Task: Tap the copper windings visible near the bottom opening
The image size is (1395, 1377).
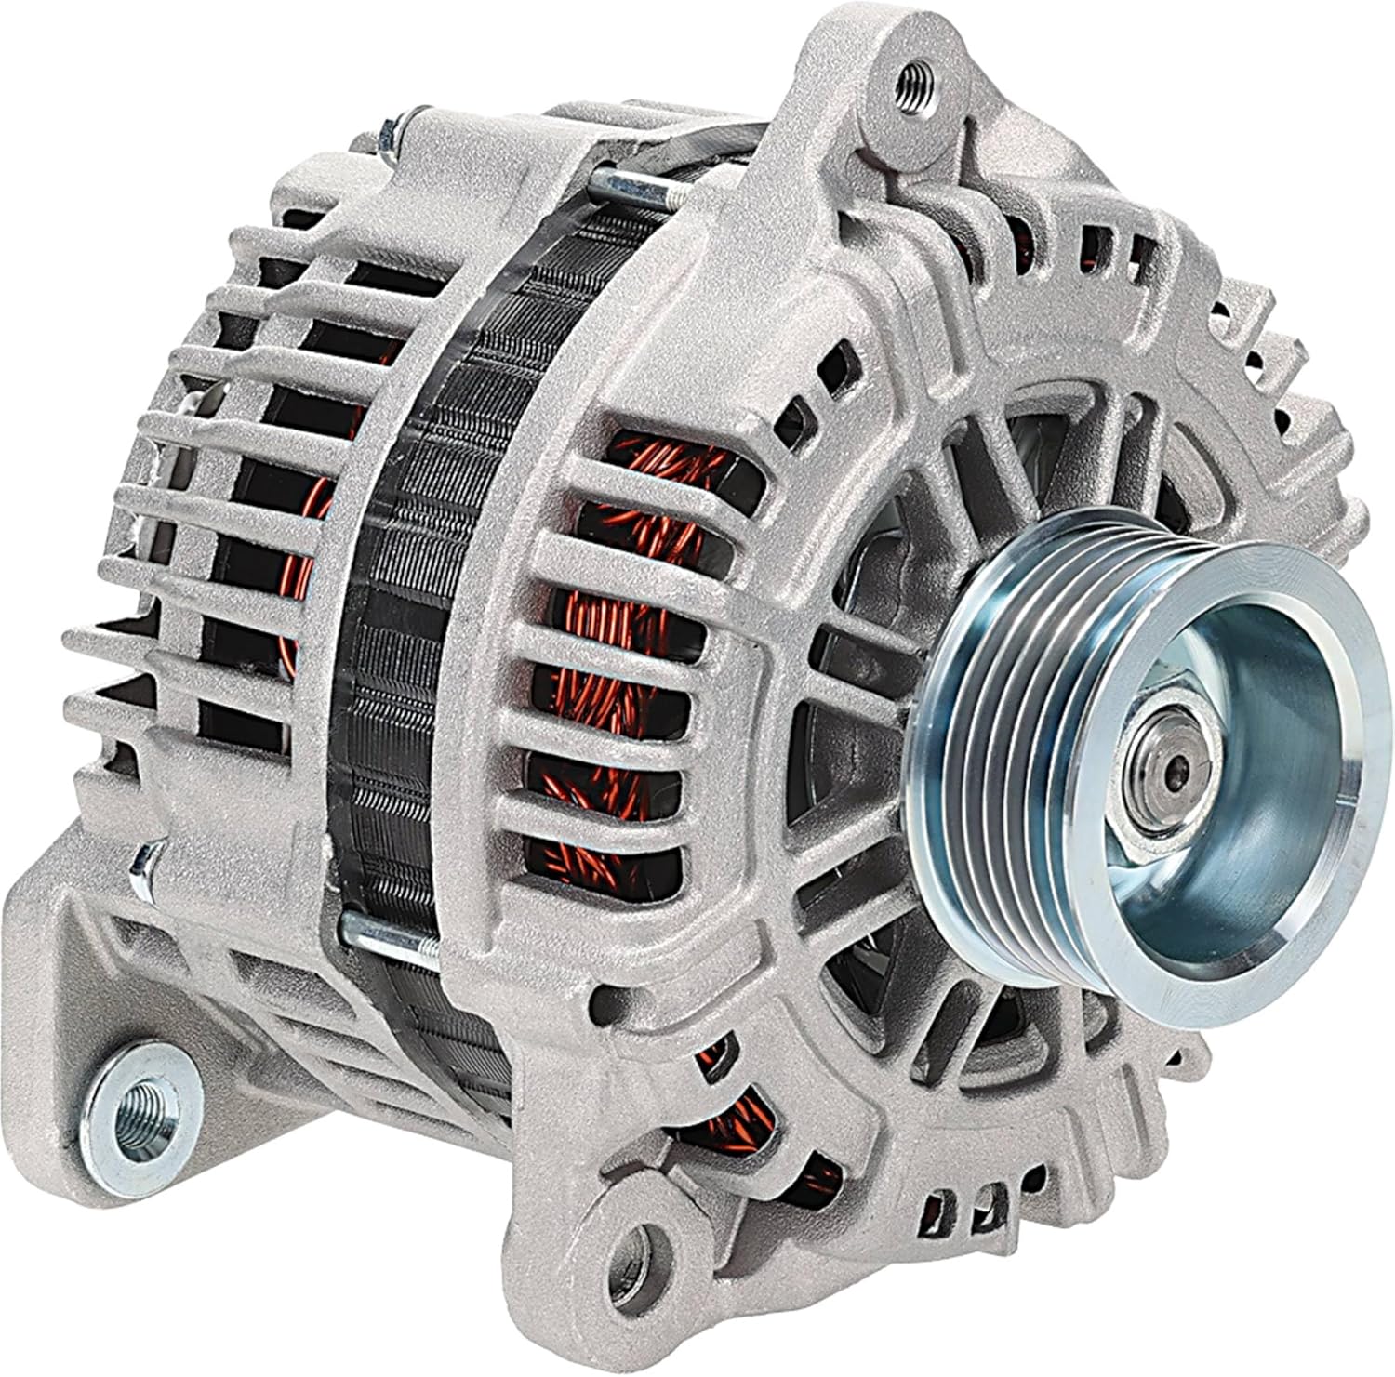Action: point(735,1116)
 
